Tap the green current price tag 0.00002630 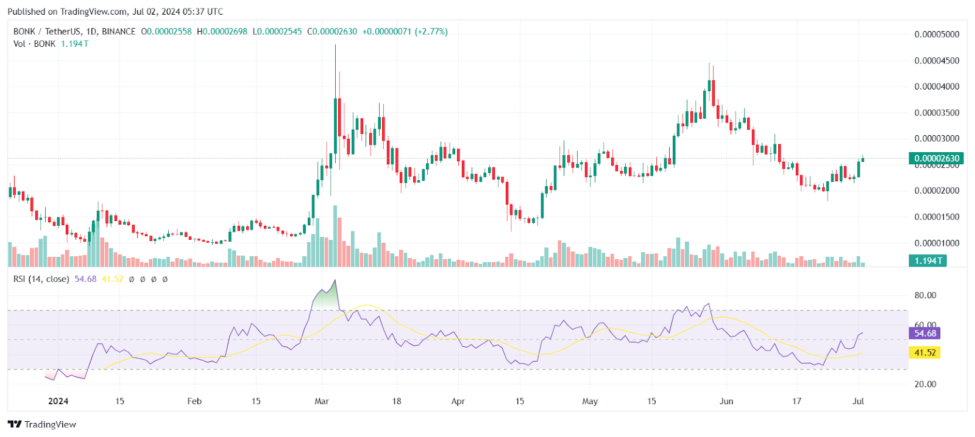point(936,158)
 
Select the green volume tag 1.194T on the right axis point(928,260)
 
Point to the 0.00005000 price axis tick point(937,34)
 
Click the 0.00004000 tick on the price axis point(937,86)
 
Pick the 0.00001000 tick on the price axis point(937,243)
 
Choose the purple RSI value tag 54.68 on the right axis point(924,333)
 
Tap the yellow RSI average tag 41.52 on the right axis point(924,352)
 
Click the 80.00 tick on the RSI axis point(925,295)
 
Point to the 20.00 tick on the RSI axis point(925,384)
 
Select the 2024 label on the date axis point(58,401)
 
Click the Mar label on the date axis point(321,401)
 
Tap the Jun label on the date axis point(726,401)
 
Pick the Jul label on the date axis point(858,401)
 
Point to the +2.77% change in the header point(431,31)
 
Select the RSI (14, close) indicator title point(41,279)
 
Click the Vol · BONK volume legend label point(34,44)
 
